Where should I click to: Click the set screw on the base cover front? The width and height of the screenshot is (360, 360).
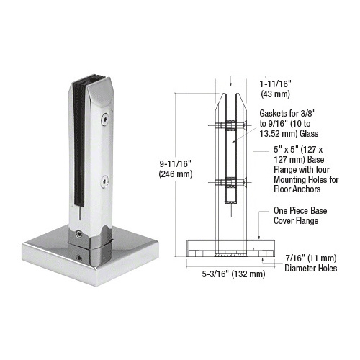78,258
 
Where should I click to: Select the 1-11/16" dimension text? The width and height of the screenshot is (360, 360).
275,84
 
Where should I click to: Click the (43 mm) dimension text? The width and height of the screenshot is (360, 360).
275,94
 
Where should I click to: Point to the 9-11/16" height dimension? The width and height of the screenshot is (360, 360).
176,164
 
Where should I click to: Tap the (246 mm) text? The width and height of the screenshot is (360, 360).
176,174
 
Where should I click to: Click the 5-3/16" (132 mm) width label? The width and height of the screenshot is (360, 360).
233,274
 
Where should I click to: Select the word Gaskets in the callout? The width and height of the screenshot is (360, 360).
273,113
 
